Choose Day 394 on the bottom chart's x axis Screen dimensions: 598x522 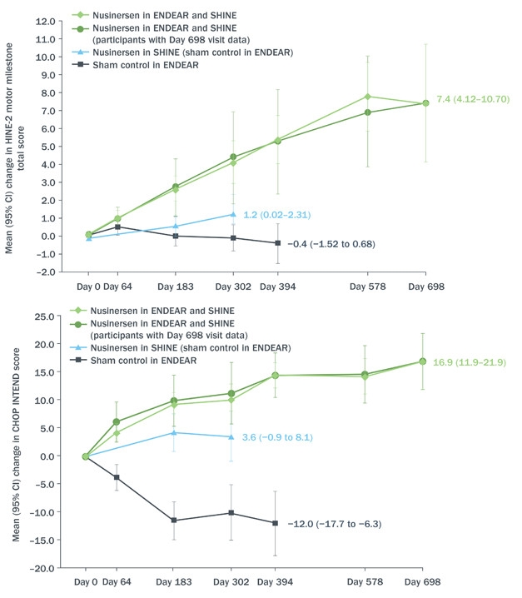click(x=275, y=582)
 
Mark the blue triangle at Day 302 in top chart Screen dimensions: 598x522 click(x=233, y=214)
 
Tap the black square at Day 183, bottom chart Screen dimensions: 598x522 click(x=175, y=520)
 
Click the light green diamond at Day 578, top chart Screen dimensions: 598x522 click(x=367, y=97)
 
